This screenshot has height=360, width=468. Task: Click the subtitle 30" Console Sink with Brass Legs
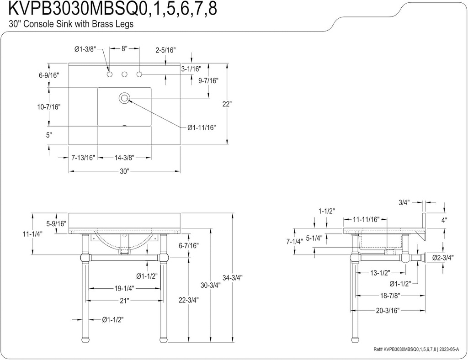point(68,25)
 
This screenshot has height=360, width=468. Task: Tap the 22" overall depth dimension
point(227,104)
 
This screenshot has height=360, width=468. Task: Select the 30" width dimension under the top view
point(124,171)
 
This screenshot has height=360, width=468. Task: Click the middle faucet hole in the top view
point(124,74)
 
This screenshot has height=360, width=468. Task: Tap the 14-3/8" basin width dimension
point(124,158)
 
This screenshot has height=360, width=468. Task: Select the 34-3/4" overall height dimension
point(233,277)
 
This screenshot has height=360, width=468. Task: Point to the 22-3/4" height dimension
point(188,301)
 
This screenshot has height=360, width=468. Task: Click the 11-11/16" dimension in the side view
point(366,219)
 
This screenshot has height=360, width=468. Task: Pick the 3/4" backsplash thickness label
point(404,202)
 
